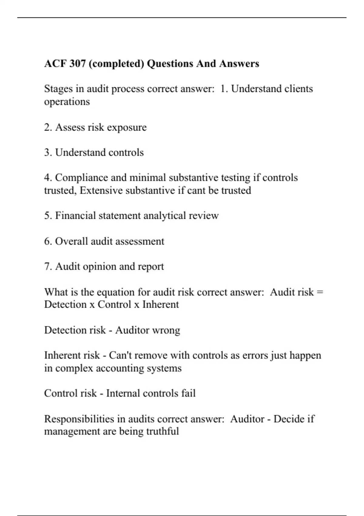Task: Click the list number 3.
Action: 48,152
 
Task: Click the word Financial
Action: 76,216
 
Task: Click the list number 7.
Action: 48,266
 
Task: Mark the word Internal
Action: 123,393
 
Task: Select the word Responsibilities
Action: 79,419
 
